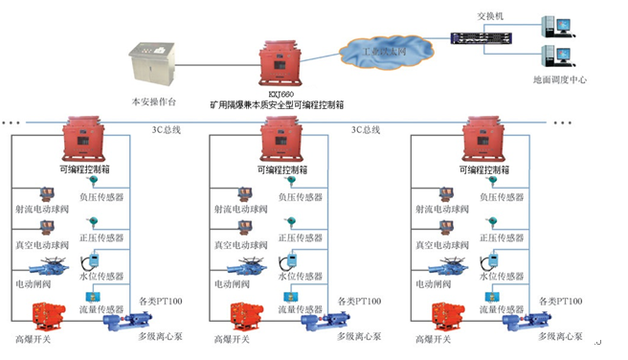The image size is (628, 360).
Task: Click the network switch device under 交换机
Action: pyautogui.click(x=483, y=39)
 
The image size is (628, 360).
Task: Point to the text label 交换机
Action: pyautogui.click(x=488, y=15)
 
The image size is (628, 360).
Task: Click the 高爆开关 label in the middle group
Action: pyautogui.click(x=231, y=339)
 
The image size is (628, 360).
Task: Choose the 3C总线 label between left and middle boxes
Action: pyautogui.click(x=166, y=128)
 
